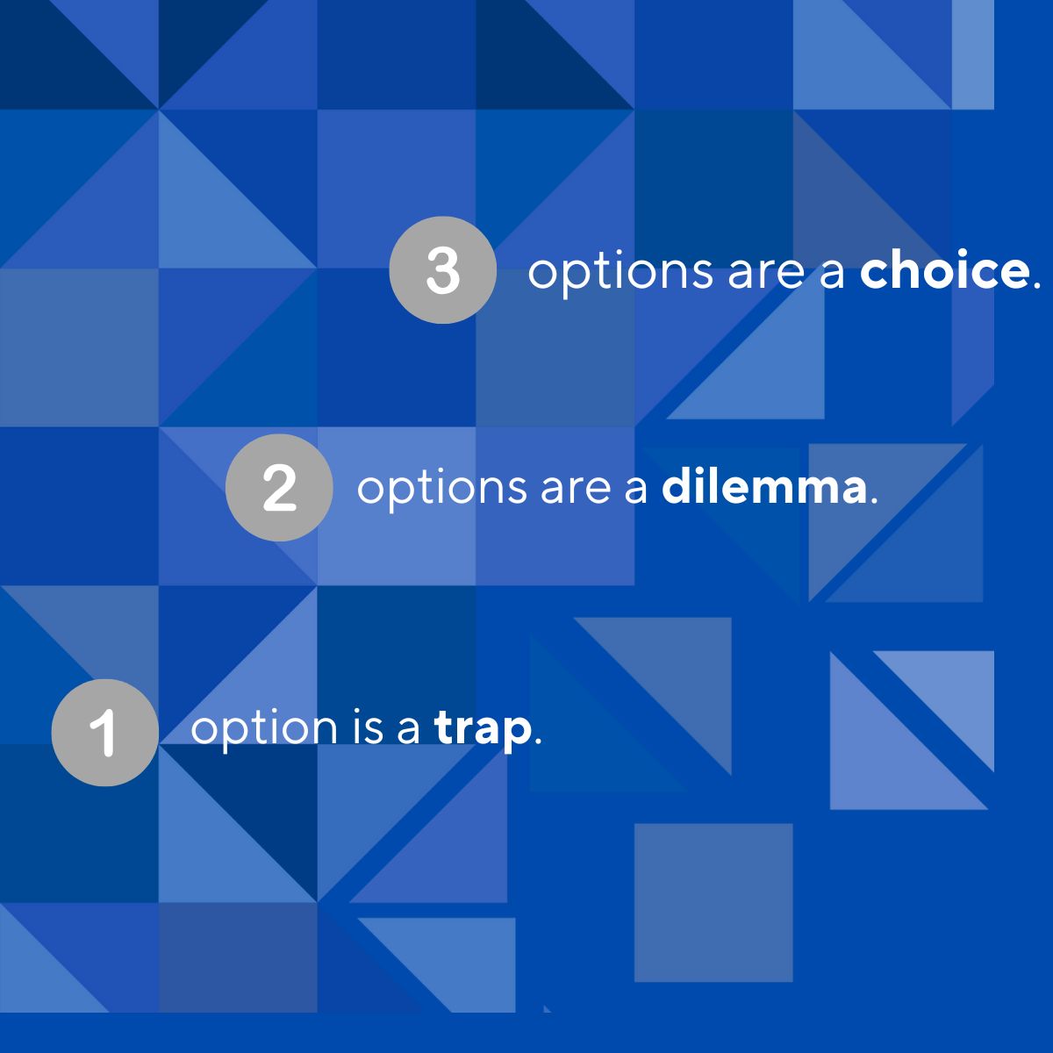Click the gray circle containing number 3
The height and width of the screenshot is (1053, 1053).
(x=442, y=270)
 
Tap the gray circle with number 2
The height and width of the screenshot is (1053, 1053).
(x=279, y=487)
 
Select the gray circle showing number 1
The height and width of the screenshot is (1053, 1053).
(x=105, y=732)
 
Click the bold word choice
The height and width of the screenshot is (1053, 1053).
(x=943, y=270)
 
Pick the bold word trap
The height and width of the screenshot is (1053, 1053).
(x=483, y=729)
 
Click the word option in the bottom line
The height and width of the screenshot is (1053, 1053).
(x=264, y=729)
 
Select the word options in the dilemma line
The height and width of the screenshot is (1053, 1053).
(x=442, y=489)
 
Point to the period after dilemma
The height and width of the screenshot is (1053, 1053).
(x=874, y=500)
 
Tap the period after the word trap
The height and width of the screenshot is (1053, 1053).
(x=538, y=740)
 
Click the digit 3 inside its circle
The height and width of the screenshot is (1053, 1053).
(x=442, y=271)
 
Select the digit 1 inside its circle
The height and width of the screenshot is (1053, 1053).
(x=104, y=734)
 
